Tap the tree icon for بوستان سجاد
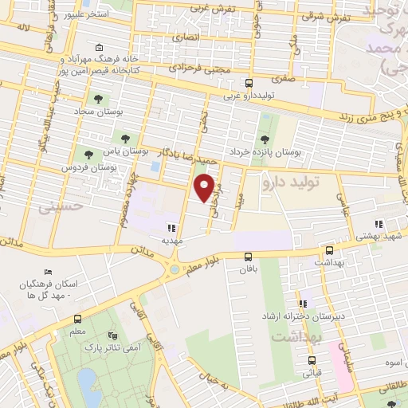coord(98,100)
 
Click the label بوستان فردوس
coord(89,169)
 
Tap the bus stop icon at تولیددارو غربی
coord(249,83)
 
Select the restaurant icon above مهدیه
coord(172,227)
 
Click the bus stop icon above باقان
coord(249,256)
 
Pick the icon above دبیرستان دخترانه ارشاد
coord(302,304)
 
